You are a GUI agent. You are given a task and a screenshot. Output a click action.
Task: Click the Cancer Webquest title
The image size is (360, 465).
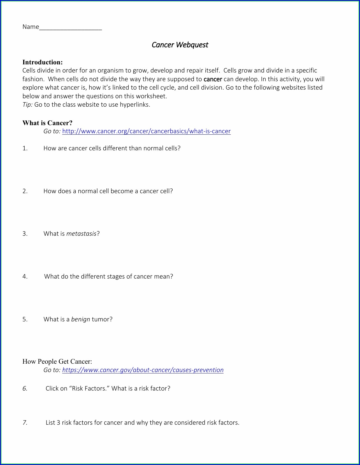click(180, 45)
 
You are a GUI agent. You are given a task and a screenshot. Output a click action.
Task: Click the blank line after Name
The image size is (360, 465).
click(71, 28)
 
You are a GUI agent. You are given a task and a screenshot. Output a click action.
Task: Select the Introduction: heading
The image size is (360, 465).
click(43, 62)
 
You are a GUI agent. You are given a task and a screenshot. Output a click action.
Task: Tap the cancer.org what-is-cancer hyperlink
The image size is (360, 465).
click(146, 131)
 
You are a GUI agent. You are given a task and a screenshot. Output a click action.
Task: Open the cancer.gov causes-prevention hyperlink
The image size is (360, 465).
click(143, 370)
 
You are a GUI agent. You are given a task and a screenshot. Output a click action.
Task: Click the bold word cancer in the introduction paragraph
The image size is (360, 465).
click(213, 79)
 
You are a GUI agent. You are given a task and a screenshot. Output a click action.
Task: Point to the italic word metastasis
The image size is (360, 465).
click(81, 234)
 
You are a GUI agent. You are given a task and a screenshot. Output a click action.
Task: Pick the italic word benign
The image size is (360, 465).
click(81, 319)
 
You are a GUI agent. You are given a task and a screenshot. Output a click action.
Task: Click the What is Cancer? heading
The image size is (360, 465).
click(47, 123)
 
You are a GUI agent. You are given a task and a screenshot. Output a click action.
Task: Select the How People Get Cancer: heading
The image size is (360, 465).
click(57, 361)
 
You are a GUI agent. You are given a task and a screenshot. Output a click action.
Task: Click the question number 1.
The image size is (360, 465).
click(25, 148)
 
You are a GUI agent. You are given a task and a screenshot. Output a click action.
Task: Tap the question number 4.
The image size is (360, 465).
click(25, 277)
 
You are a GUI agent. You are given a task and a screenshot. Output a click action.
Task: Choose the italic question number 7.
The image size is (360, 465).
click(25, 423)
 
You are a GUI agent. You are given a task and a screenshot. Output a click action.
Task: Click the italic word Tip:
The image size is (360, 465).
click(27, 105)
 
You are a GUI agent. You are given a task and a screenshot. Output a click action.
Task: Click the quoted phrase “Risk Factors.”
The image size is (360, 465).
click(89, 389)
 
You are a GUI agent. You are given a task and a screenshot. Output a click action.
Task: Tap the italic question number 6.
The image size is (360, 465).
click(25, 389)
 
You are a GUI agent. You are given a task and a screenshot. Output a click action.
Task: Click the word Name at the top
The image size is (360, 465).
click(31, 27)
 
